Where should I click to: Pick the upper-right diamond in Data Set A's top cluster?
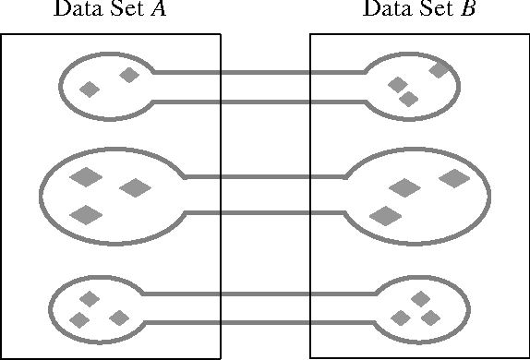[x=129, y=75]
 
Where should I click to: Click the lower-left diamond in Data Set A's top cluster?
[x=90, y=90]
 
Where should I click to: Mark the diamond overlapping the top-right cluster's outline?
[x=440, y=68]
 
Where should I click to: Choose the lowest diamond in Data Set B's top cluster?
[x=409, y=99]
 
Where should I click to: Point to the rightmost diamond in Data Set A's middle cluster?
[x=135, y=188]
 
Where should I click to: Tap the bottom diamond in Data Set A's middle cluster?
[x=87, y=215]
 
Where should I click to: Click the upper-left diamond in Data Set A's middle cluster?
[x=86, y=176]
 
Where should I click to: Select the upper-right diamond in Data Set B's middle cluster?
[x=454, y=178]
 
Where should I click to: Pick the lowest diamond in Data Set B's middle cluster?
[x=385, y=216]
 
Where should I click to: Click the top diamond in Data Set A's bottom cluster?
[x=90, y=298]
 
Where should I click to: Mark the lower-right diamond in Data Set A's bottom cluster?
[x=118, y=318]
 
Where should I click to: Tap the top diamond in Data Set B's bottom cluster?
[x=420, y=298]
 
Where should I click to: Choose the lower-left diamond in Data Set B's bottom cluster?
[x=401, y=318]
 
